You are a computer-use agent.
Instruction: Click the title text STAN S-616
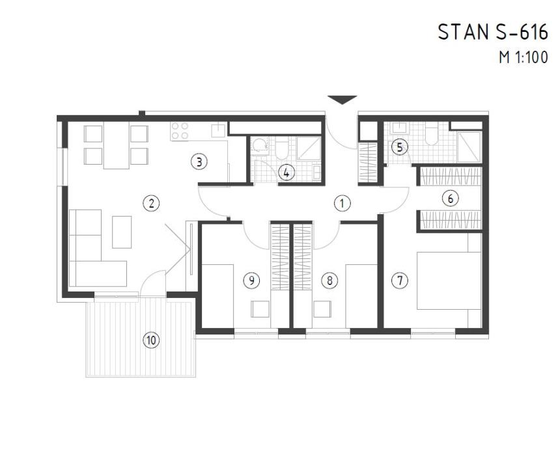click(x=492, y=33)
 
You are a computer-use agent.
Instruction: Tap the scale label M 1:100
click(x=523, y=57)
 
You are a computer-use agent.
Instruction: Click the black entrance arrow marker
click(x=342, y=100)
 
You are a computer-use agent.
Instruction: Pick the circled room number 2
click(x=151, y=203)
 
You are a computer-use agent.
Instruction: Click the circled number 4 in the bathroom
click(x=285, y=172)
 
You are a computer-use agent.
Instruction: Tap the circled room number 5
click(x=400, y=148)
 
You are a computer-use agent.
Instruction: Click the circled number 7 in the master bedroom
click(x=400, y=280)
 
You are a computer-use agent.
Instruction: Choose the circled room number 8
click(x=330, y=280)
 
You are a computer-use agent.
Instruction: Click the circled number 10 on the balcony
click(x=151, y=339)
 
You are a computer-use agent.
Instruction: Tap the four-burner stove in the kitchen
click(x=180, y=131)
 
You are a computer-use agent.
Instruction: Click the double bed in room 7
click(x=449, y=280)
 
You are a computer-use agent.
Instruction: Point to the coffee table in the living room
click(x=122, y=232)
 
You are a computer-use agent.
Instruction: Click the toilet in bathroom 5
click(x=430, y=135)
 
